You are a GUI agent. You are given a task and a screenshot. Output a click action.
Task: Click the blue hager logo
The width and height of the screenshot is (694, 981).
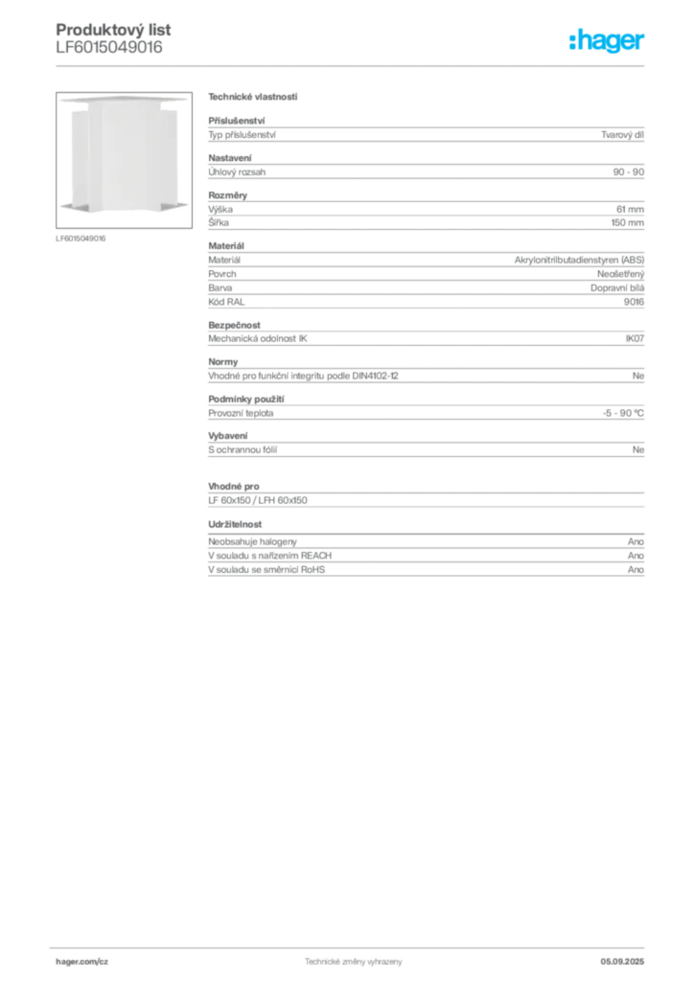pos(608,42)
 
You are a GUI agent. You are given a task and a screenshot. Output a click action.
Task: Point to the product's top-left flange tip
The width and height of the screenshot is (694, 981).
pos(60,98)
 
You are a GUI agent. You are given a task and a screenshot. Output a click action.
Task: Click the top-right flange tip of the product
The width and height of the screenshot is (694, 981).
pos(189,98)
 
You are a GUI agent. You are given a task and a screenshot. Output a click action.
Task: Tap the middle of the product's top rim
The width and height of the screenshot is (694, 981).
pos(125,99)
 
